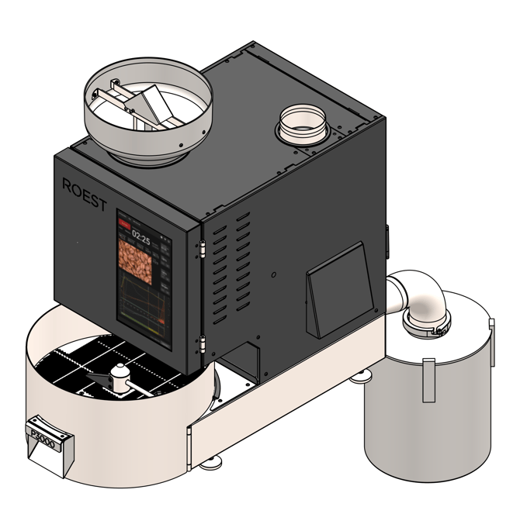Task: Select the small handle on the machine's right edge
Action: pos(386,240)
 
